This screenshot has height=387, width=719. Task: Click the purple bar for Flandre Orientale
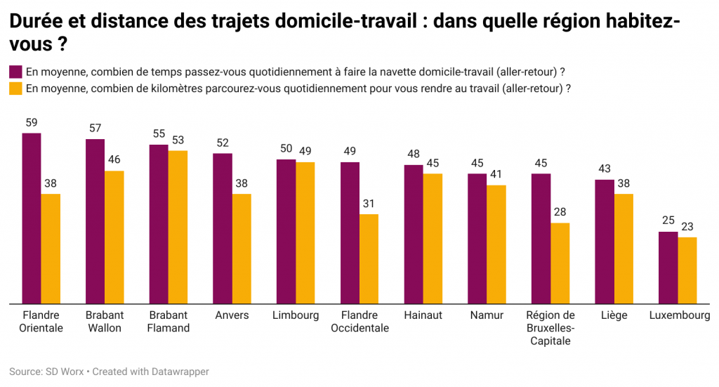click(32, 218)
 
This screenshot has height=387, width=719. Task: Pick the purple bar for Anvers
click(223, 228)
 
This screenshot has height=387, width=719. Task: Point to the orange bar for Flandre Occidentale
click(369, 259)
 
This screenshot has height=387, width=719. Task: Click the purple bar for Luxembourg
click(668, 268)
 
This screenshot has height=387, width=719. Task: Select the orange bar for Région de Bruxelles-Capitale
click(560, 263)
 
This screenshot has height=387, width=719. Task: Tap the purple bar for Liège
click(605, 242)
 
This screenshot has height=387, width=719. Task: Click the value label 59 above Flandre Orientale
click(32, 122)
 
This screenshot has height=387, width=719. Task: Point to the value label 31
click(369, 204)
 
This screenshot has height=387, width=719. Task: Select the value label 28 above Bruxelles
click(560, 212)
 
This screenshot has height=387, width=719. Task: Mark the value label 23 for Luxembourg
click(687, 227)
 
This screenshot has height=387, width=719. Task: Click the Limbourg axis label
click(296, 315)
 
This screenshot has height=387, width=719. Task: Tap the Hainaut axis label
click(423, 315)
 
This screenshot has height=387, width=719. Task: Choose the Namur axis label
click(487, 315)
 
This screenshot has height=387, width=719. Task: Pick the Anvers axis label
click(232, 315)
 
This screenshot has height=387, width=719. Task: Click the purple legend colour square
click(15, 72)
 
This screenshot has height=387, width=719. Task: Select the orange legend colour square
click(15, 89)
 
